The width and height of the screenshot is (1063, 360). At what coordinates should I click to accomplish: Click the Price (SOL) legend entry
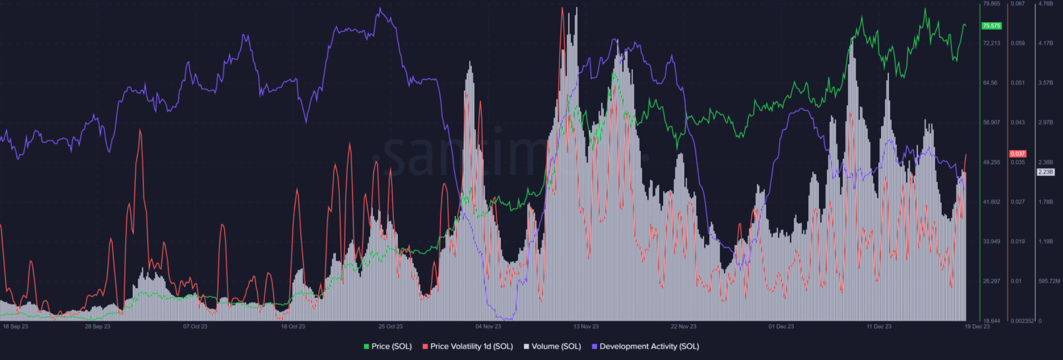(388, 346)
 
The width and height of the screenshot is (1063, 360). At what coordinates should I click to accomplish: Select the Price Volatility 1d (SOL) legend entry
(467, 346)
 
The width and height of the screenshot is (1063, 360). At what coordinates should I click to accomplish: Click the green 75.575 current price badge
(991, 26)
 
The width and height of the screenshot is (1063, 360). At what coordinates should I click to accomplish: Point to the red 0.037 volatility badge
(1017, 153)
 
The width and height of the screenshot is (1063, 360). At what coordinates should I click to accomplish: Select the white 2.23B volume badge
(1045, 172)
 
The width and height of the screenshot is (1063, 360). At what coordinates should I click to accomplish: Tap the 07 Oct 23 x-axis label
(194, 325)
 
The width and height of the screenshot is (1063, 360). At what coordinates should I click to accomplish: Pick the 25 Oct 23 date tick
(390, 325)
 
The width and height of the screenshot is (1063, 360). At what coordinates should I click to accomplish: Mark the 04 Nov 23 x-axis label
(488, 325)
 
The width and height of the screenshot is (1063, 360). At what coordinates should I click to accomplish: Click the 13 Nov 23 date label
(585, 325)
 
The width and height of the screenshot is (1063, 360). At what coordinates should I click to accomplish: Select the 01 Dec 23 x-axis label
(781, 325)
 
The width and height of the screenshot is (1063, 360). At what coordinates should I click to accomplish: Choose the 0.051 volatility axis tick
(1017, 83)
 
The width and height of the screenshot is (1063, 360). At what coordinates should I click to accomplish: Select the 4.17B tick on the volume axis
(1044, 44)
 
